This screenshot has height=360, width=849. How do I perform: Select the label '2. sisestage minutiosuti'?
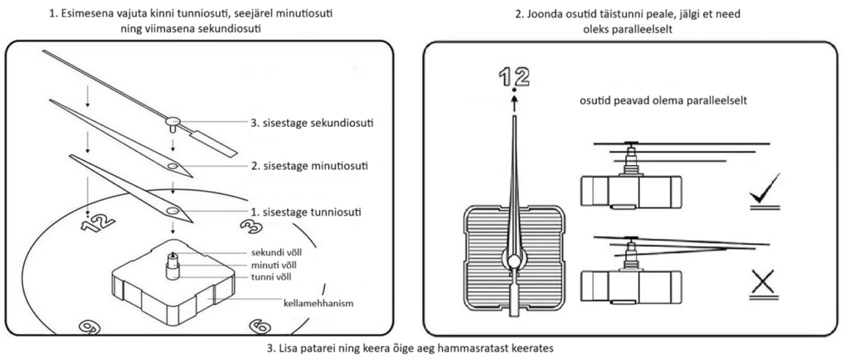(309, 166)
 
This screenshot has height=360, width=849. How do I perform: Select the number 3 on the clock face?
(246, 226)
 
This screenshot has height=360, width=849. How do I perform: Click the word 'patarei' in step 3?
(313, 348)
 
